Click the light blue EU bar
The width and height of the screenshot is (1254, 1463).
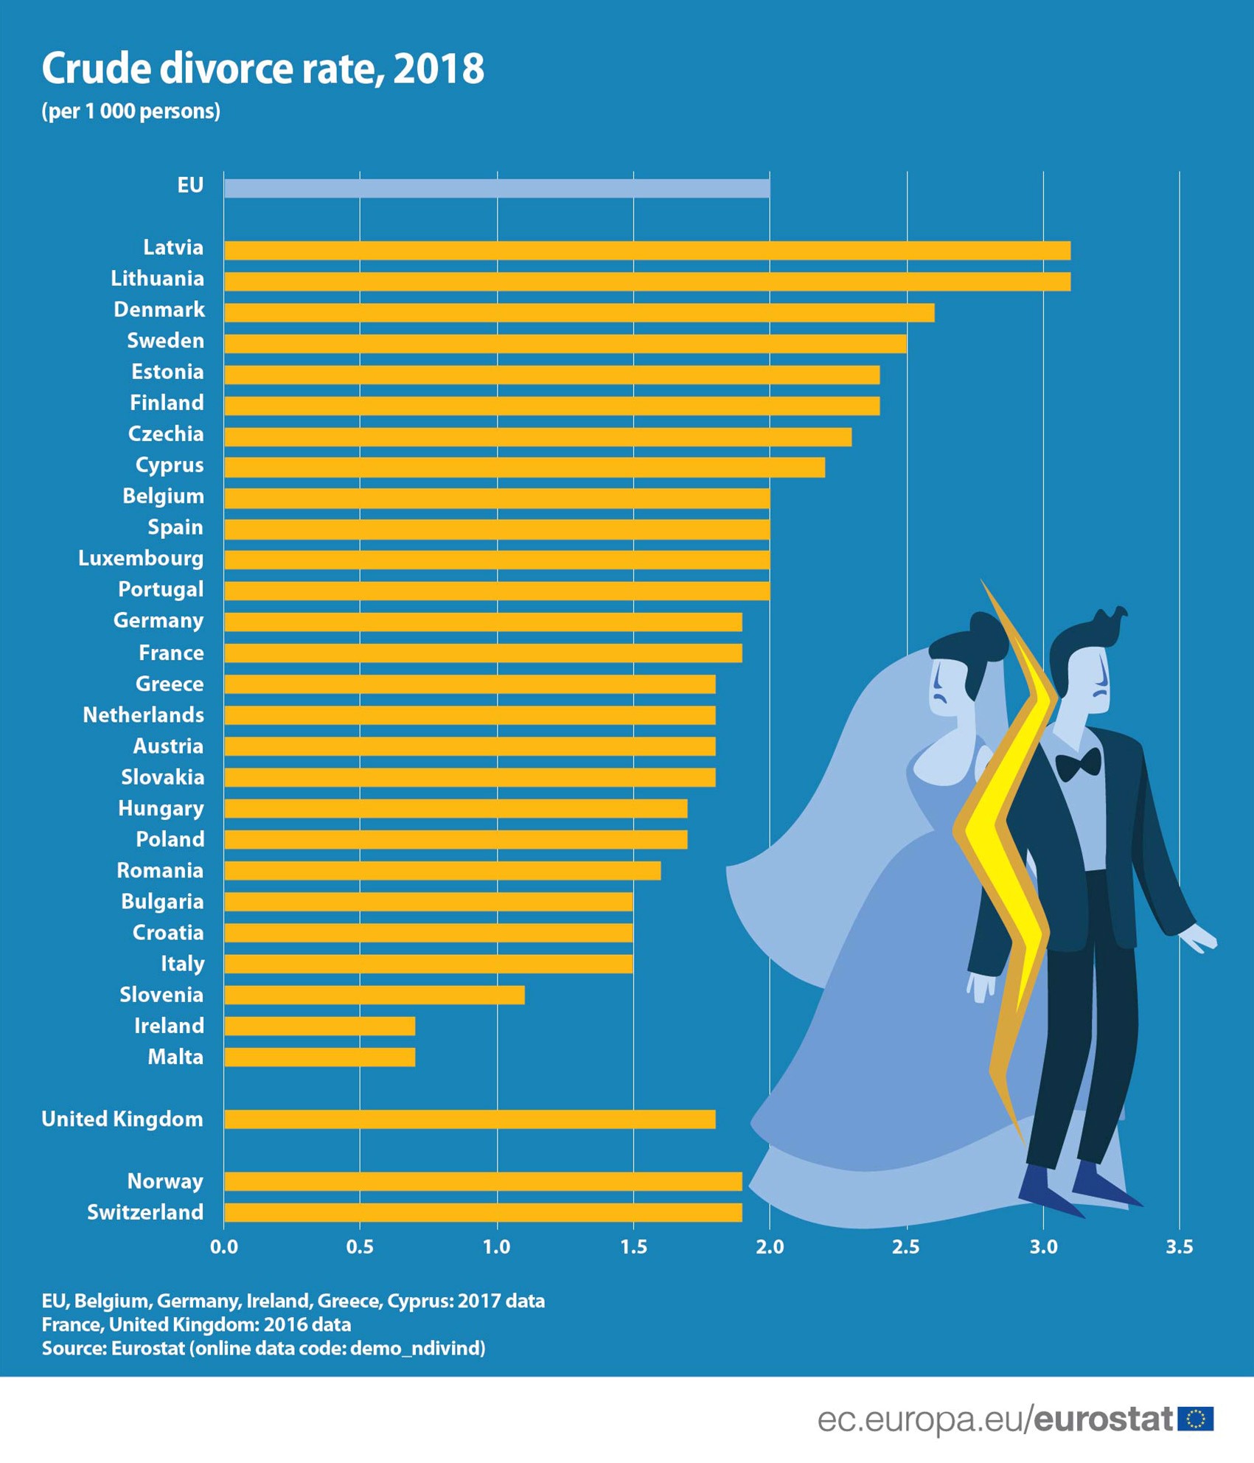point(496,188)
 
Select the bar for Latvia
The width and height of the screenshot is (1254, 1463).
point(647,250)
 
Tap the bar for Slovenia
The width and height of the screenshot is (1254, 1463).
point(374,995)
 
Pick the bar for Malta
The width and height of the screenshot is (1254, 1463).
point(319,1057)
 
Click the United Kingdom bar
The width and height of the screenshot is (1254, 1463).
point(469,1119)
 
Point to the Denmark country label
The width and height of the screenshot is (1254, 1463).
point(159,310)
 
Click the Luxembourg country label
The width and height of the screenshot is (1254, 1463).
point(141,558)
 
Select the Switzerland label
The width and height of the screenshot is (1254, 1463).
point(145,1212)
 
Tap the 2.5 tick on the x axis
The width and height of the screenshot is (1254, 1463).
point(906,1247)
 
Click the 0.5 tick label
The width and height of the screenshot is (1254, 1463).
point(360,1247)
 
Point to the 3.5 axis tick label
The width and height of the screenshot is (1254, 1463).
point(1179,1247)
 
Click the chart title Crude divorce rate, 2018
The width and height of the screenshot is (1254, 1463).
point(262,69)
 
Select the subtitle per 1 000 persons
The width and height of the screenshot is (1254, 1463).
point(131,111)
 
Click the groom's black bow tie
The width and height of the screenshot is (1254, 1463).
point(1078,765)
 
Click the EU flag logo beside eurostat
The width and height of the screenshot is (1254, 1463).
point(1195,1419)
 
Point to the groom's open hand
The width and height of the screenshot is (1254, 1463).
point(1199,939)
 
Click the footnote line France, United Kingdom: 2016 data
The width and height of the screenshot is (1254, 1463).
point(196,1324)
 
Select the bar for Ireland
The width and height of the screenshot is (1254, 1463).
point(319,1026)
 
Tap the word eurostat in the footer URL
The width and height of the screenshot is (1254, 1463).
point(1103,1419)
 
